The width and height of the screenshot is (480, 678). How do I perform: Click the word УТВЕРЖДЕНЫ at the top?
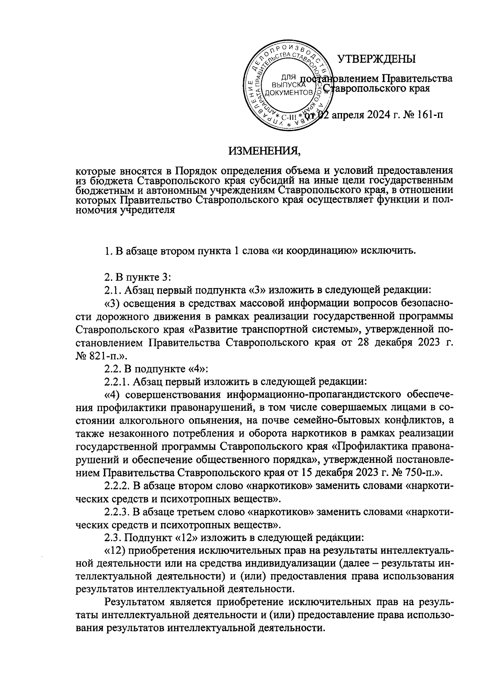(376, 59)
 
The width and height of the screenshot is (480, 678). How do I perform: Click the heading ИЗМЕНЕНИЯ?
(264, 151)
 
